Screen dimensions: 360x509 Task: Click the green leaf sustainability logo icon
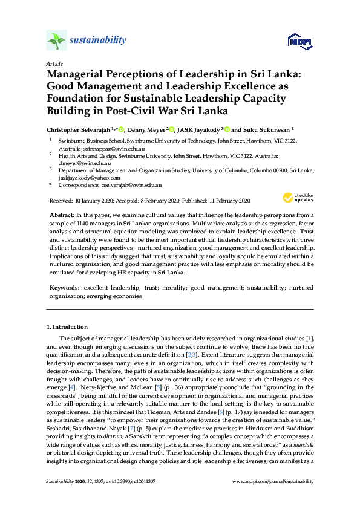pos(56,41)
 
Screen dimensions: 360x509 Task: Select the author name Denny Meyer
pos(145,129)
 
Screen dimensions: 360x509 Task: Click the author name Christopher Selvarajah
pos(81,129)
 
